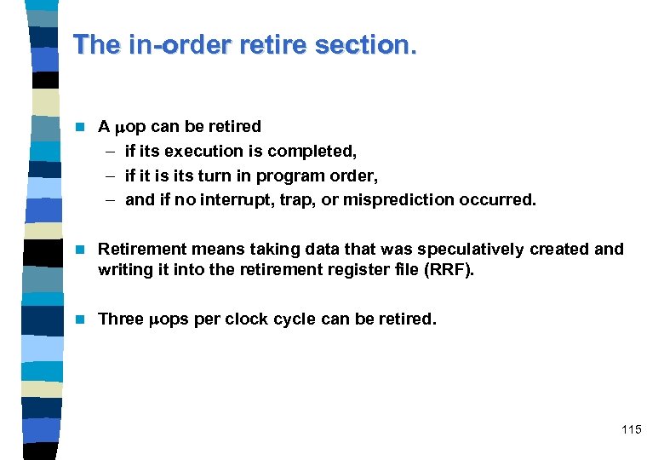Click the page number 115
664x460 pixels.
631,429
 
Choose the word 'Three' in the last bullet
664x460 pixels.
121,319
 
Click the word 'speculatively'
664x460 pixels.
472,249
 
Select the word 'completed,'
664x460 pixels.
312,151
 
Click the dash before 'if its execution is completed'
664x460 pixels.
112,151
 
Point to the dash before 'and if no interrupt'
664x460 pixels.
112,200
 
